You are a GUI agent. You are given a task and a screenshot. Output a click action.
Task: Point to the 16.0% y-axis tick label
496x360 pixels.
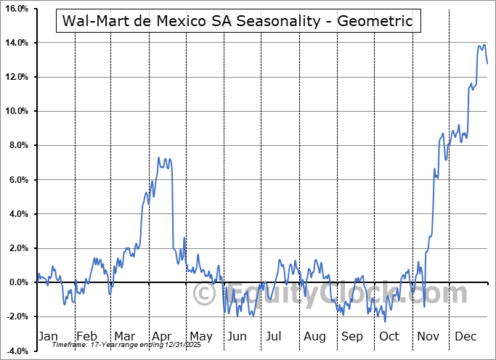[x=16, y=9]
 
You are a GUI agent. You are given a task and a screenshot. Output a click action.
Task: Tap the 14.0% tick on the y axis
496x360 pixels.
[x=16, y=43]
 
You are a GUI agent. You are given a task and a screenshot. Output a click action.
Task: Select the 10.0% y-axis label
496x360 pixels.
[x=16, y=111]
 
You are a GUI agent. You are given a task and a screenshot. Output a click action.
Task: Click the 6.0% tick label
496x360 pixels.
[x=17, y=180]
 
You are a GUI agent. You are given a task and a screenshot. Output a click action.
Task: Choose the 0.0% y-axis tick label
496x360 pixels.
[x=17, y=282]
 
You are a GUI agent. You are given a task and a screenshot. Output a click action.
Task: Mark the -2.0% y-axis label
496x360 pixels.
[x=16, y=317]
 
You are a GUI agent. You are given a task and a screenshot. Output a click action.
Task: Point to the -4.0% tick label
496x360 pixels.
[x=16, y=351]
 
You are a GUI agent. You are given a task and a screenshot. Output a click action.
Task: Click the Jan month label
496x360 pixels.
[x=47, y=336]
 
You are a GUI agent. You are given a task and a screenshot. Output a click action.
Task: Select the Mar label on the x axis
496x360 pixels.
[x=124, y=336]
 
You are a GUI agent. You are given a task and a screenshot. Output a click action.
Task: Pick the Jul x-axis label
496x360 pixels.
[x=274, y=336]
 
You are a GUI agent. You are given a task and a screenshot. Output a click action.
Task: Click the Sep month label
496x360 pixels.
[x=352, y=336]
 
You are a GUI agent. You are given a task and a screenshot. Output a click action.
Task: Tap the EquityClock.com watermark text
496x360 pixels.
[x=330, y=294]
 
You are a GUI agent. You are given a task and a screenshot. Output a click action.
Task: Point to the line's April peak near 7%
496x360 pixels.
[x=159, y=157]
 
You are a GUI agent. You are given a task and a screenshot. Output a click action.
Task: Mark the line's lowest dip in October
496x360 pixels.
[x=385, y=322]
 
